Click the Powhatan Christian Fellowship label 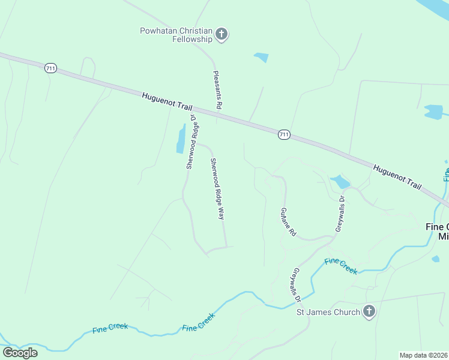[176, 35]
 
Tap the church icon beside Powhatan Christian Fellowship [221, 34]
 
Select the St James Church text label [328, 312]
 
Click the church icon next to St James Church [369, 311]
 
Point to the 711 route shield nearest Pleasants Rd [284, 135]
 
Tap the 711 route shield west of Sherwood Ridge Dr [50, 69]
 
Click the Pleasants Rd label [218, 89]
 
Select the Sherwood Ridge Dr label [191, 141]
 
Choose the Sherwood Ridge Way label [217, 188]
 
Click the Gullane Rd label [289, 221]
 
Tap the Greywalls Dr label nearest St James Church [295, 285]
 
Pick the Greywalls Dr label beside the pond [340, 213]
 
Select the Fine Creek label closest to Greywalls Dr [340, 266]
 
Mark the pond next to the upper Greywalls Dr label [340, 181]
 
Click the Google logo [20, 352]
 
